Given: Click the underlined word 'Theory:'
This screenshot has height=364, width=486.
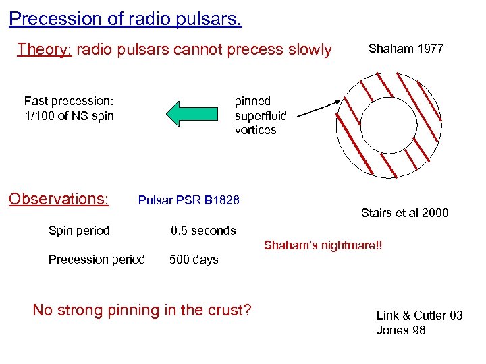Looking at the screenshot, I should (x=44, y=49).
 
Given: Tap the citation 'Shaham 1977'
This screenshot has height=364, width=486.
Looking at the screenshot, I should (x=406, y=49).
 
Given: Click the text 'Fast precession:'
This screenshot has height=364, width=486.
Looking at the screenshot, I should (x=69, y=101).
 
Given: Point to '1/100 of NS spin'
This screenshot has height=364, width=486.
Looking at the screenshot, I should (x=69, y=116).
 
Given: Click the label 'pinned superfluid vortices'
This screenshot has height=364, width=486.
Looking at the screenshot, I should (x=260, y=115).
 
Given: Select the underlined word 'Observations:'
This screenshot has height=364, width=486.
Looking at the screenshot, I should (x=58, y=199).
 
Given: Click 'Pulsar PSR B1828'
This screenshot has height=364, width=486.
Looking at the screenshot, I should (x=188, y=200).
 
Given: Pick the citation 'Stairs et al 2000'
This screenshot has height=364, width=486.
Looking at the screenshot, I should (x=404, y=214).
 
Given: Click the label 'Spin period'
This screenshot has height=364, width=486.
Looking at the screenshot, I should (x=78, y=231).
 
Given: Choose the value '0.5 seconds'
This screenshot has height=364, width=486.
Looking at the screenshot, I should (x=203, y=231).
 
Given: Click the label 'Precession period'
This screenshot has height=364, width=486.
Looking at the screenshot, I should (x=97, y=260).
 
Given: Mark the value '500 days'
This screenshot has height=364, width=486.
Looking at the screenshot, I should (x=194, y=260).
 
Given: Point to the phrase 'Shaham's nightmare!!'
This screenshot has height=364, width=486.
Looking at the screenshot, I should (x=323, y=245).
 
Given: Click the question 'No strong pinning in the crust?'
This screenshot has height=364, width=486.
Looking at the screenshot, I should (x=142, y=310).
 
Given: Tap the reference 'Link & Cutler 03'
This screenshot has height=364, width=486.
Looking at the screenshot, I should (x=419, y=315).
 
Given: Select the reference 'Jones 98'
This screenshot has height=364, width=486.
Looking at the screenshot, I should (x=401, y=330).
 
